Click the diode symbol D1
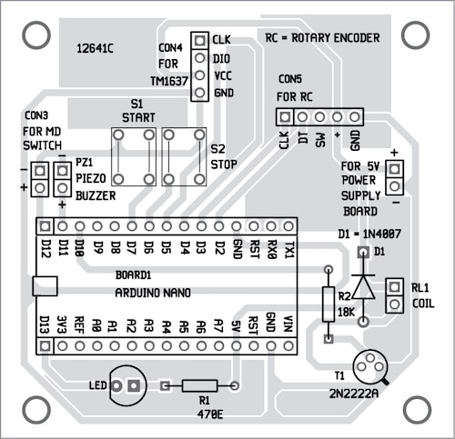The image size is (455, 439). point(363,286)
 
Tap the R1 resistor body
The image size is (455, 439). point(199,385)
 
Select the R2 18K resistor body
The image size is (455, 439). point(329,304)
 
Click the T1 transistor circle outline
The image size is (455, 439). point(370,367)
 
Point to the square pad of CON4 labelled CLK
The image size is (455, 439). point(199,40)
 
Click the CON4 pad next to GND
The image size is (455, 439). point(199,92)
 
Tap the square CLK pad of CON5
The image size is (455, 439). point(285,117)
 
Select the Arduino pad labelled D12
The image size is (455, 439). point(45,226)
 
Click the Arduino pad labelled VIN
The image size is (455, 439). point(288,345)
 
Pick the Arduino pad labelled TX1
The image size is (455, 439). point(288,226)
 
